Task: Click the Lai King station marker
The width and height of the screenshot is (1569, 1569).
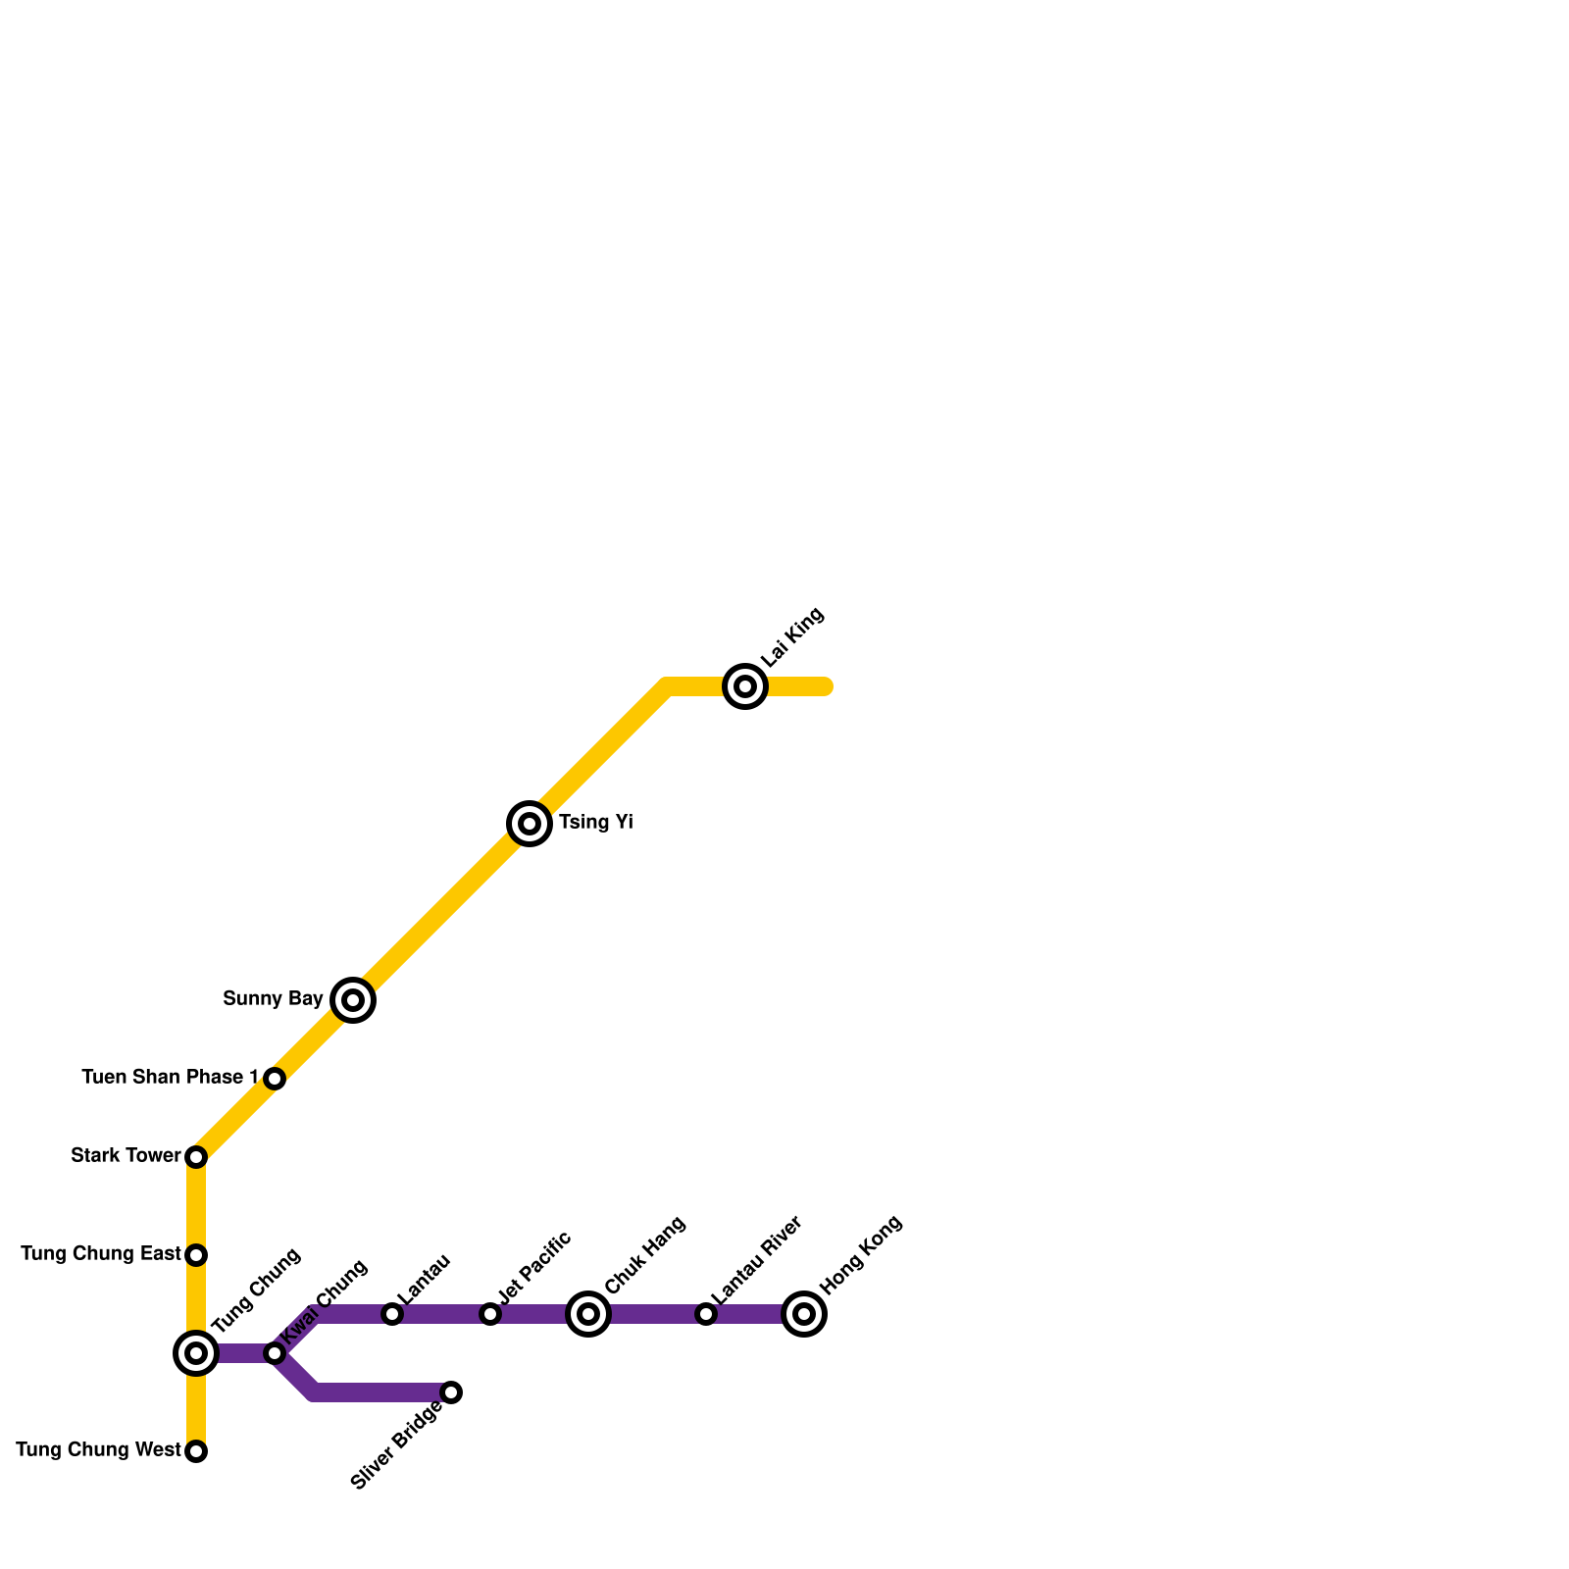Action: point(745,685)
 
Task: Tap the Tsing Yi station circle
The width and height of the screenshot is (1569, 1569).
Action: point(530,823)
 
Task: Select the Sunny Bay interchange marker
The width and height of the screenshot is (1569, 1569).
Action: point(353,1000)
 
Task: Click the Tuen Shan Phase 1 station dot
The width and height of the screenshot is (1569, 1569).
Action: point(275,1079)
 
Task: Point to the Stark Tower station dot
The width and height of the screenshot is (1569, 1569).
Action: point(196,1157)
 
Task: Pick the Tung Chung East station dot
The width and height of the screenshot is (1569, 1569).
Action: point(196,1254)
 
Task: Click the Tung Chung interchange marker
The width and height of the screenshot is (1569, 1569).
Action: point(196,1353)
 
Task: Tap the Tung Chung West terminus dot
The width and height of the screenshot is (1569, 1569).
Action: point(196,1451)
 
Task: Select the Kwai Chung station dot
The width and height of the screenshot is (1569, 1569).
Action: point(275,1353)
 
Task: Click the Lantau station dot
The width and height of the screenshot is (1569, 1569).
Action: point(392,1314)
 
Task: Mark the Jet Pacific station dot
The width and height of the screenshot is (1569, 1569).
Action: point(490,1314)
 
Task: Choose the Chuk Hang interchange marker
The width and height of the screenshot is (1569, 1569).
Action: point(588,1314)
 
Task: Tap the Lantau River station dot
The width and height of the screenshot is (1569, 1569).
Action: point(706,1314)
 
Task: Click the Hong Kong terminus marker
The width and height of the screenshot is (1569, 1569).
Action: point(804,1314)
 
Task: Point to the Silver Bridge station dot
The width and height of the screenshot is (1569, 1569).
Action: point(451,1392)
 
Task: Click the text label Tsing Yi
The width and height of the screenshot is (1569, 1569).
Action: point(595,823)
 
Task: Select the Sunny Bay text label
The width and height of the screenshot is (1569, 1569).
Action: point(273,999)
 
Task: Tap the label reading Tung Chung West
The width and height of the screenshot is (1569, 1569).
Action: point(98,1450)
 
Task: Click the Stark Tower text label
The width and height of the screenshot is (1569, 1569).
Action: point(126,1156)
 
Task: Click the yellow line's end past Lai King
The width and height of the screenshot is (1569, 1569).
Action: point(827,686)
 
